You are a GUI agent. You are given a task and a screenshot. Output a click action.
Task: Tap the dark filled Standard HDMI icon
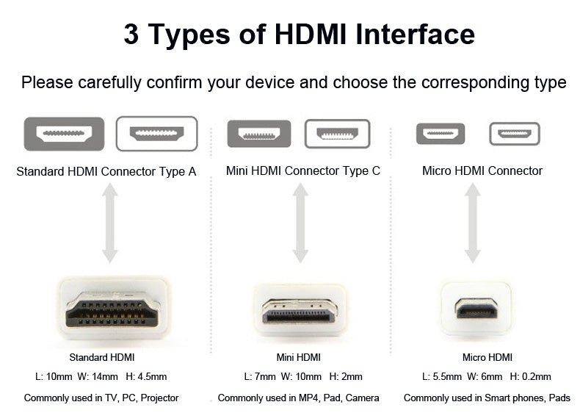(64, 134)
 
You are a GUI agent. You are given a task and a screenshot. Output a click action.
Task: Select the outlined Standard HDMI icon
(156, 134)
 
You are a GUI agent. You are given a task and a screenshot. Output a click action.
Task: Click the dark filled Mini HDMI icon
(258, 134)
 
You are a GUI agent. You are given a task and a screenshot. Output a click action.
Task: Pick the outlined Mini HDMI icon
(337, 134)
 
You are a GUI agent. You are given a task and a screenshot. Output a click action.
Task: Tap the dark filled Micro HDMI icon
(441, 134)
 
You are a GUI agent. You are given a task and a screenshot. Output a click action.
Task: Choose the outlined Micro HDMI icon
(515, 134)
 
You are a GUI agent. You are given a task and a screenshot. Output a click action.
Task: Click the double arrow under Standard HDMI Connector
(109, 223)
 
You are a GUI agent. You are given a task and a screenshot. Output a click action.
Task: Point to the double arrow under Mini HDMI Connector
(300, 223)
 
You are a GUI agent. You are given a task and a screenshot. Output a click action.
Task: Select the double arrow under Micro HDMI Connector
(473, 223)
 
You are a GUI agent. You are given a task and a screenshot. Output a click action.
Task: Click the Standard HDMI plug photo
(112, 309)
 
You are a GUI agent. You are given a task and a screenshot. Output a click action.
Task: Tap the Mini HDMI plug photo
(300, 309)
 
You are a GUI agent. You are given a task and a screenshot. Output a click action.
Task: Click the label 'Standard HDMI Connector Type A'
(106, 171)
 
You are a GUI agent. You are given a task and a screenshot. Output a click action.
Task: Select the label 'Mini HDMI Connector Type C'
(302, 171)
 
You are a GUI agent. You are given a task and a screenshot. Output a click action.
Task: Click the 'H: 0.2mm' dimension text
(530, 377)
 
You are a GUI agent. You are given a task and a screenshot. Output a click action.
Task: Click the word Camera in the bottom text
(361, 398)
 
